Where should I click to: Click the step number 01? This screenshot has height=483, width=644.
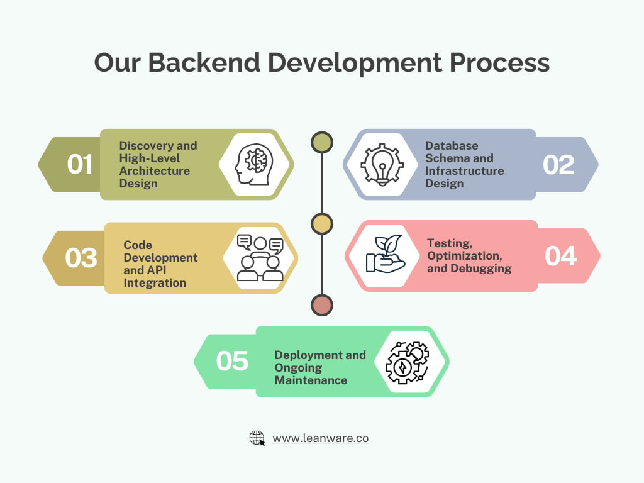[79, 164]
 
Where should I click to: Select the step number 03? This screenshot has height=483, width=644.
[81, 258]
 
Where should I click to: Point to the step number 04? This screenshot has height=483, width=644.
[560, 256]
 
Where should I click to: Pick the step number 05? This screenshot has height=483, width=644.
[232, 361]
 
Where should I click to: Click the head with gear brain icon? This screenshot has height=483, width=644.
[254, 164]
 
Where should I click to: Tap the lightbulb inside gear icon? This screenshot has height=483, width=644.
[382, 164]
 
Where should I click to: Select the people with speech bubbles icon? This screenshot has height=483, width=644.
[260, 258]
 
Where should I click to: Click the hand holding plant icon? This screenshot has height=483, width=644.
[384, 255]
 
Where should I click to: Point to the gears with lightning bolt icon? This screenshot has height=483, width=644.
[407, 362]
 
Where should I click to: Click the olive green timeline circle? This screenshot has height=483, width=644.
[322, 142]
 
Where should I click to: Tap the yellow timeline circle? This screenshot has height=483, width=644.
[322, 225]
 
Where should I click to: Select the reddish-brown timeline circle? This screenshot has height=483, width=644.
[322, 306]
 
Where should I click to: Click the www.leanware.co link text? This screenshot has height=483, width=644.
[320, 438]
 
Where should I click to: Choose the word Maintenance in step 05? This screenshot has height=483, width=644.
[311, 380]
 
